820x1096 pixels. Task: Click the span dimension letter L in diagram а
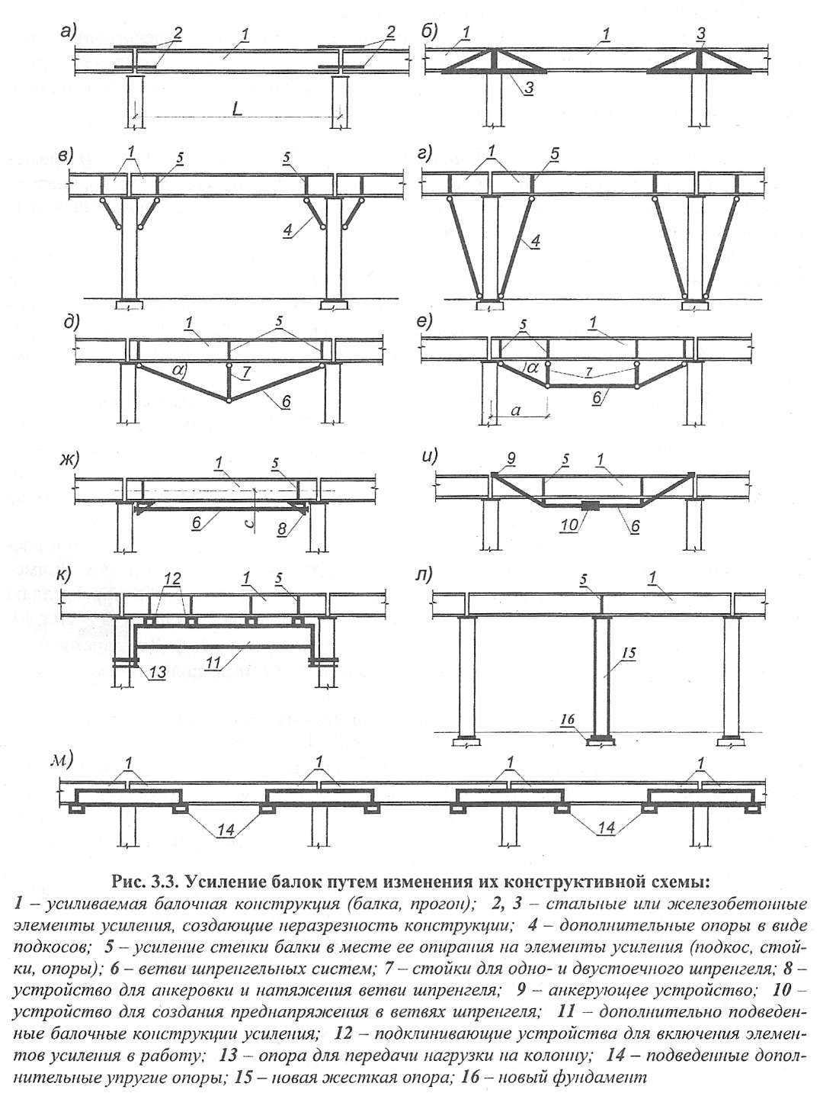click(x=237, y=109)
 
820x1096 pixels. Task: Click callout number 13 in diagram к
click(x=154, y=673)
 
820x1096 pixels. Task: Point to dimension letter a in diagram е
click(x=516, y=410)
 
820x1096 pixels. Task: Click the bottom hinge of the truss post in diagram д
click(x=229, y=400)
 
